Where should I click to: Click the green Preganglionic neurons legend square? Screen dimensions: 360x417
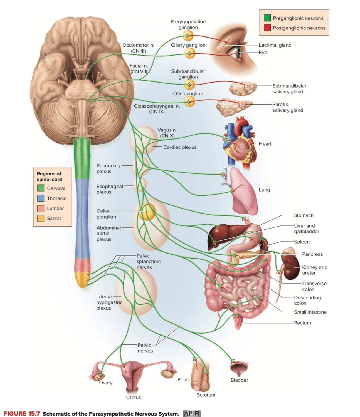pyautogui.click(x=267, y=18)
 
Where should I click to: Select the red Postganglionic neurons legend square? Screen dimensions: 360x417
pyautogui.click(x=267, y=28)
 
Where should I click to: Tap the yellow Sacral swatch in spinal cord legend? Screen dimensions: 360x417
pyautogui.click(x=41, y=218)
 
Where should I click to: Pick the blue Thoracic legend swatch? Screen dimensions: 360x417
pyautogui.click(x=41, y=198)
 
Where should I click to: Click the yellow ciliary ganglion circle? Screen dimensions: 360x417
pyautogui.click(x=190, y=53)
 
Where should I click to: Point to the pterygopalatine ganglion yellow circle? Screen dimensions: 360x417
pyautogui.click(x=188, y=36)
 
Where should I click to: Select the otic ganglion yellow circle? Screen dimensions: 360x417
pyautogui.click(x=189, y=101)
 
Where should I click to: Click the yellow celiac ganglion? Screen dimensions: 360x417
pyautogui.click(x=147, y=212)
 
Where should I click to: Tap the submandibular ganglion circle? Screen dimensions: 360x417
pyautogui.click(x=189, y=84)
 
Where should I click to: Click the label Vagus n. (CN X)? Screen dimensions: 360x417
pyautogui.click(x=167, y=133)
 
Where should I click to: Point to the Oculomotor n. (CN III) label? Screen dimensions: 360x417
pyautogui.click(x=138, y=48)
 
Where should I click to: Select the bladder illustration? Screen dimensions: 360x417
pyautogui.click(x=239, y=369)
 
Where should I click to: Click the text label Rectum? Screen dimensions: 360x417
pyautogui.click(x=302, y=323)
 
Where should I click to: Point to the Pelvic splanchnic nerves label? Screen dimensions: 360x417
pyautogui.click(x=148, y=261)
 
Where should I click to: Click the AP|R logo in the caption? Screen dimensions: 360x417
pyautogui.click(x=192, y=413)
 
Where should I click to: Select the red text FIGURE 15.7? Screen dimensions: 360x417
pyautogui.click(x=22, y=414)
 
